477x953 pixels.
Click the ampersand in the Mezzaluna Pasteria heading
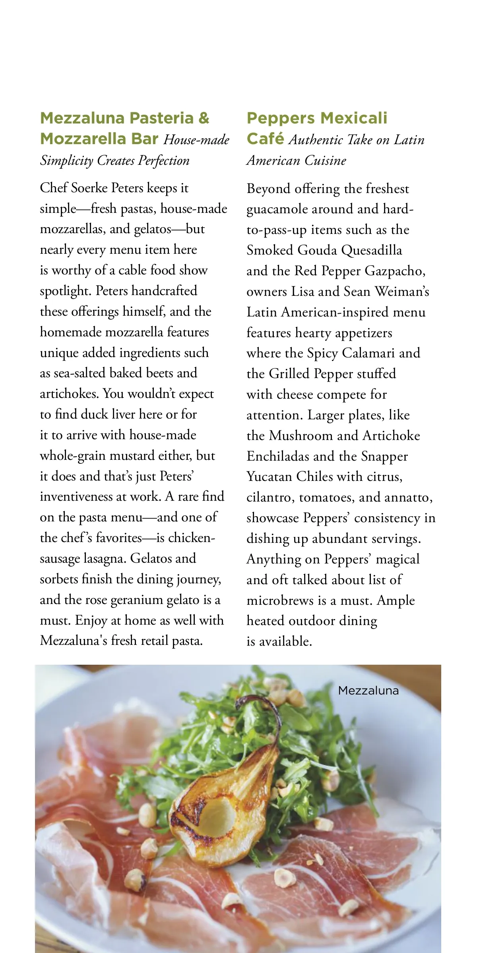(x=203, y=118)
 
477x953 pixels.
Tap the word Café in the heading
(x=265, y=139)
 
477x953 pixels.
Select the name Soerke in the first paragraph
(x=89, y=188)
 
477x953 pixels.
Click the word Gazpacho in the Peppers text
(x=395, y=271)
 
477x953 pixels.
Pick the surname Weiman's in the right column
(x=402, y=291)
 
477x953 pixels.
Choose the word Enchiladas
(x=278, y=456)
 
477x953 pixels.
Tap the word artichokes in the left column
(x=69, y=394)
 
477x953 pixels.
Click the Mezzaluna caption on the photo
(x=368, y=691)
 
